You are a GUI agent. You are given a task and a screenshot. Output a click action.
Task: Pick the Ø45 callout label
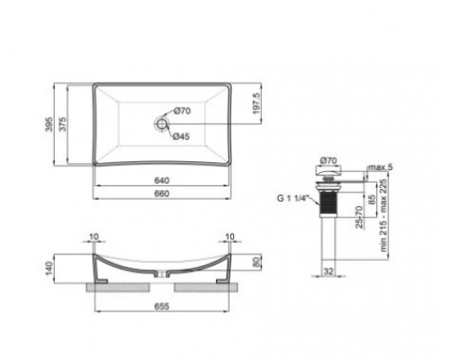[x=181, y=137]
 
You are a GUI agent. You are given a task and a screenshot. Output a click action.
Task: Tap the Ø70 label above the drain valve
[x=328, y=160]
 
